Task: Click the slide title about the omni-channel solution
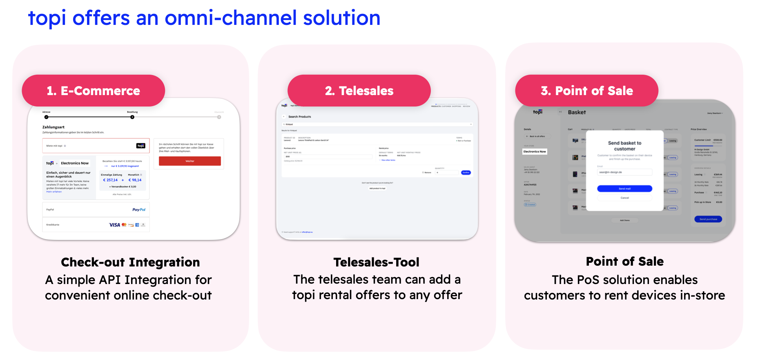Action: pyautogui.click(x=204, y=18)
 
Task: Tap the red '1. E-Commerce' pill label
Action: pyautogui.click(x=94, y=91)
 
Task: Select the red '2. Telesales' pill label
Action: pyautogui.click(x=359, y=91)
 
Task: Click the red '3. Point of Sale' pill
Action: pyautogui.click(x=586, y=91)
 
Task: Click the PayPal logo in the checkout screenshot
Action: pyautogui.click(x=139, y=210)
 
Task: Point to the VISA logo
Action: pyautogui.click(x=115, y=225)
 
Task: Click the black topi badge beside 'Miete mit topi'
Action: pyautogui.click(x=141, y=146)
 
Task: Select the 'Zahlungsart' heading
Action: pyautogui.click(x=54, y=127)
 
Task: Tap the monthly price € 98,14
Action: pyautogui.click(x=135, y=180)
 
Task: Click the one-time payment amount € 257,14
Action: pyautogui.click(x=110, y=180)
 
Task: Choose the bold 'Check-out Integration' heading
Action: pyautogui.click(x=130, y=262)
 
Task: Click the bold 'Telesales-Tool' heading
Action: pyautogui.click(x=376, y=262)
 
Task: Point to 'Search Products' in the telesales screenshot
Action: pyautogui.click(x=300, y=117)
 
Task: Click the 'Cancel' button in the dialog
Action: pyautogui.click(x=624, y=198)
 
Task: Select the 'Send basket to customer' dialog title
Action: pyautogui.click(x=624, y=146)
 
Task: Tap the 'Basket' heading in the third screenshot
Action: pyautogui.click(x=577, y=112)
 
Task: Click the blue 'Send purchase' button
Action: pyautogui.click(x=708, y=219)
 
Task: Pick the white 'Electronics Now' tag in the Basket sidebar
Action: pyautogui.click(x=535, y=151)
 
